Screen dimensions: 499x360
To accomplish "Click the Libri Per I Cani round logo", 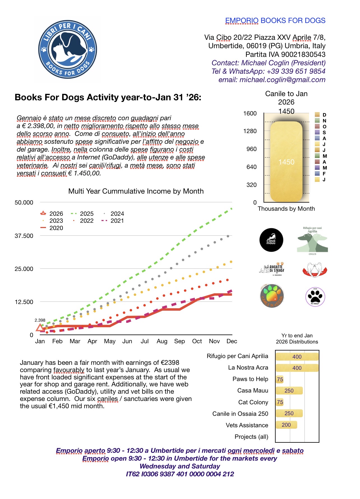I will click(68, 50).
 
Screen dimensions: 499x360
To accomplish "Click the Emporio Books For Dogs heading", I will click(275, 21).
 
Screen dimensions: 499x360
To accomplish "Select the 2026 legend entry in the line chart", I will click(52, 213).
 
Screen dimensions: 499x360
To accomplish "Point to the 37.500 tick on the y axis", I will click(24, 236).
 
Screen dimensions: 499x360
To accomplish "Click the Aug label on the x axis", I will click(162, 341).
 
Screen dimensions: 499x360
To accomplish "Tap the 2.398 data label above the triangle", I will click(40, 320).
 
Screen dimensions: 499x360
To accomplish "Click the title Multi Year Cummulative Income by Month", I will click(136, 191).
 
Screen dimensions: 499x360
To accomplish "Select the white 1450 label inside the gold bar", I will click(286, 162).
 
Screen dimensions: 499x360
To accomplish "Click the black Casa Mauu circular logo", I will click(271, 240).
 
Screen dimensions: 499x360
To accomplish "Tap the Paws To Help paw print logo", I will click(315, 297).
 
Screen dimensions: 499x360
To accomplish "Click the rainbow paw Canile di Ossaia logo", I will click(272, 296).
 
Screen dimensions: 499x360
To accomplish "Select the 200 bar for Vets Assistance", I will click(286, 425).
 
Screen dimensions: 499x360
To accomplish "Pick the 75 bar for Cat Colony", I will click(280, 402).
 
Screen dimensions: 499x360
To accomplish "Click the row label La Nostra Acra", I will click(248, 368).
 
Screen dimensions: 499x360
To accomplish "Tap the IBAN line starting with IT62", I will click(180, 474).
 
